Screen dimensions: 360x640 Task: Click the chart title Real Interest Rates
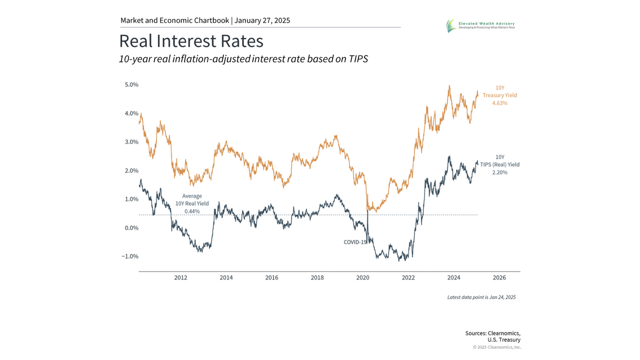coord(191,42)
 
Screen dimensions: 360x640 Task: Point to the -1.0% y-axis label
coord(130,256)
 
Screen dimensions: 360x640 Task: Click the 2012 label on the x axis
coord(180,278)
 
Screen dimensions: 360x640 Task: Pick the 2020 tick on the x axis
coord(363,278)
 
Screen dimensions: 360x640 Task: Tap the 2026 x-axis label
coord(499,278)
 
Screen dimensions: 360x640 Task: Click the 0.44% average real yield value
coord(192,211)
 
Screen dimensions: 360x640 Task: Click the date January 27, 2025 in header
coord(262,21)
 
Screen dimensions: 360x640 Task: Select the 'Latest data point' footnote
coord(481,297)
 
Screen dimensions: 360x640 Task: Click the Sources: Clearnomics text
coord(492,333)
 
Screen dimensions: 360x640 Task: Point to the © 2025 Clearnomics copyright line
coord(497,347)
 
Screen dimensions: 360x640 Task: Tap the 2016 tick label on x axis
coord(271,278)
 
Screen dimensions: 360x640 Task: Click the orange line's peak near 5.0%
coord(450,86)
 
